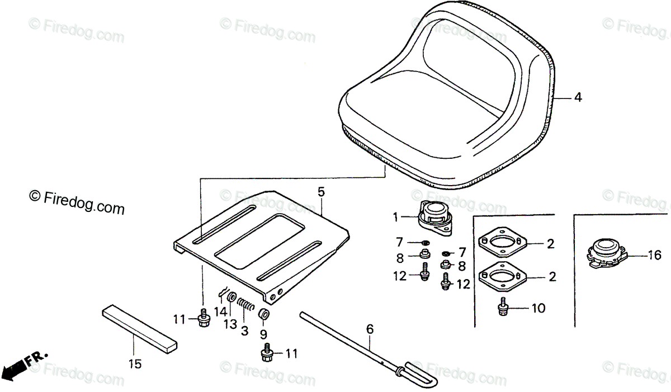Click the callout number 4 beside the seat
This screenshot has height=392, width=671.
click(578, 97)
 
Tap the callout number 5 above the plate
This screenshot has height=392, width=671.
click(321, 192)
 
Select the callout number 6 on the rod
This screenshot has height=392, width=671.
click(369, 329)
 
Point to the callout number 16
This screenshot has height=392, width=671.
click(654, 256)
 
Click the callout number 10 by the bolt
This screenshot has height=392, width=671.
click(539, 308)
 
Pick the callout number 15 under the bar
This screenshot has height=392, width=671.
click(134, 364)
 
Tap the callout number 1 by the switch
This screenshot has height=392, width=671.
click(396, 216)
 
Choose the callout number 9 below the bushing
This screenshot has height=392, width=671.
click(263, 334)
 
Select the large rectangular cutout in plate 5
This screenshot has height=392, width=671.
click(259, 240)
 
